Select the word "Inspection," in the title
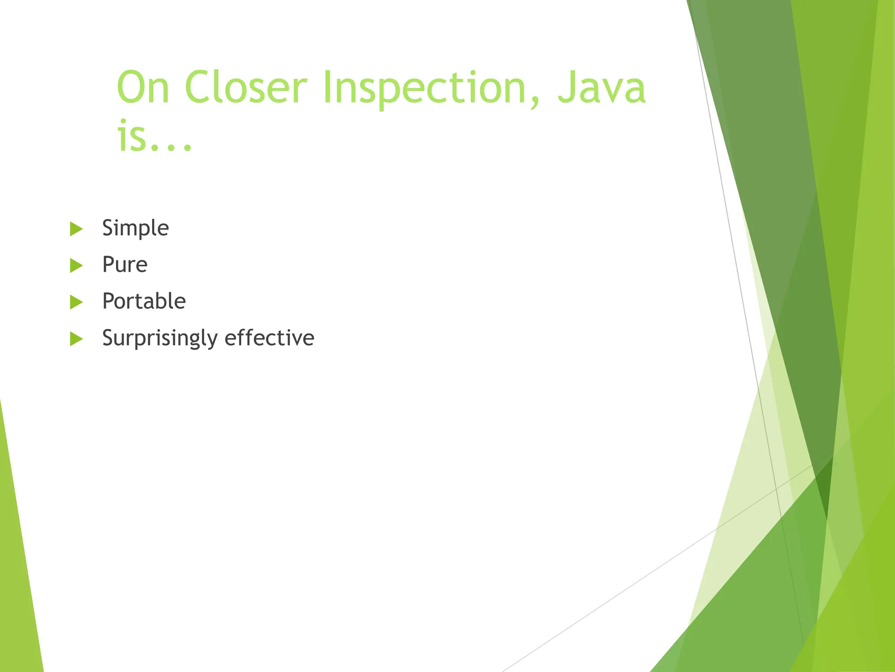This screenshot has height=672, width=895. (x=431, y=88)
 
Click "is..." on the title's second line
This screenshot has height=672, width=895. (x=154, y=136)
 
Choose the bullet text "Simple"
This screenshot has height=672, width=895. (x=135, y=228)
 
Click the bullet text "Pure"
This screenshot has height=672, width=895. (x=125, y=265)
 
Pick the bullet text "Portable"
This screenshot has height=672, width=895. (x=144, y=301)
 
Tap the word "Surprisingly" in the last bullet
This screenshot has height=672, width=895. (x=160, y=338)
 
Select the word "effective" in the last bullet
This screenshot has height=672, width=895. (x=269, y=338)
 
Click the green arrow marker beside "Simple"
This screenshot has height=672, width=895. (x=76, y=229)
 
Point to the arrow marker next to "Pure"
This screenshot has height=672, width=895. (x=76, y=266)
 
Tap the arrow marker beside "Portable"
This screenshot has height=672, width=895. (x=76, y=302)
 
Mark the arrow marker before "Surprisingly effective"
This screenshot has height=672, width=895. (x=76, y=339)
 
